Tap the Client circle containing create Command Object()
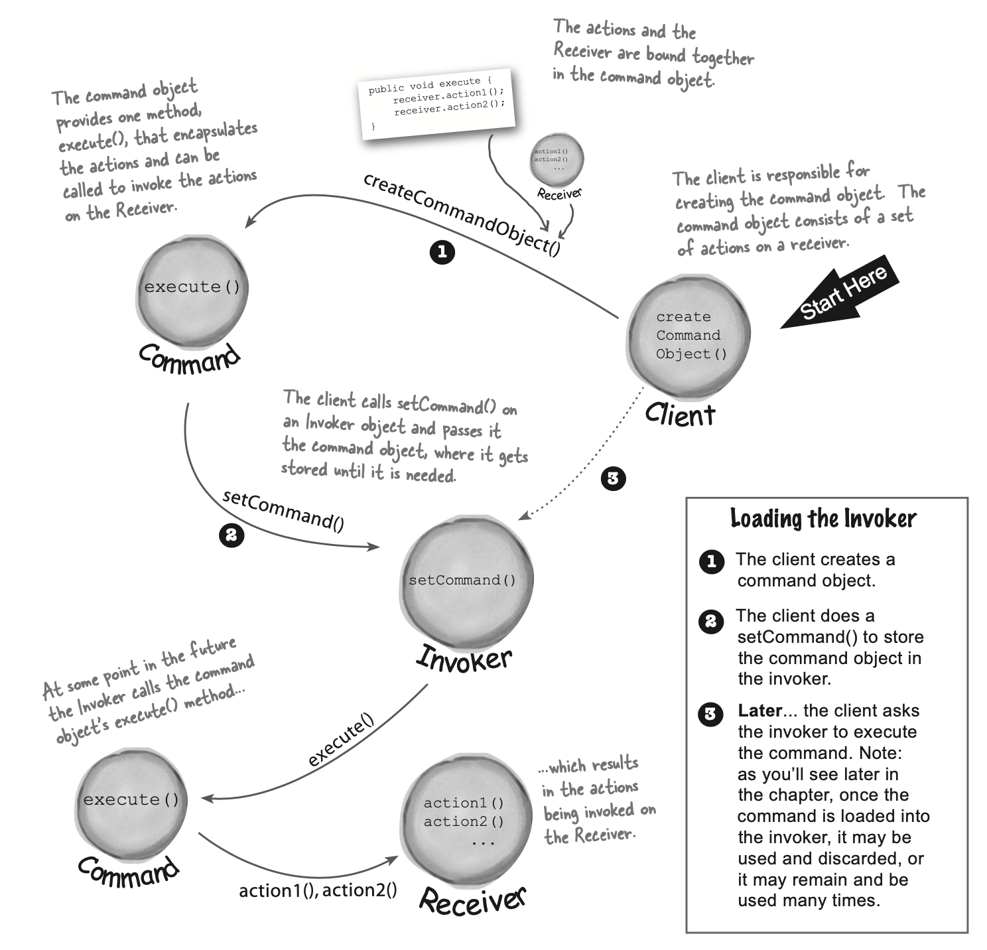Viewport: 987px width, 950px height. [x=689, y=336]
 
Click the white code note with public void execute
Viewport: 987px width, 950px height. [x=437, y=103]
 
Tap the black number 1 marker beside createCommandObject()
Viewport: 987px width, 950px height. [x=442, y=252]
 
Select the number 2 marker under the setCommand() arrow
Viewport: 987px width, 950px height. [x=231, y=535]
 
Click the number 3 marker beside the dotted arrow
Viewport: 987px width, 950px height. [x=612, y=478]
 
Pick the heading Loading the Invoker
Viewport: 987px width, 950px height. [x=823, y=519]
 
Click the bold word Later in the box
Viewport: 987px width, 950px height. [x=759, y=711]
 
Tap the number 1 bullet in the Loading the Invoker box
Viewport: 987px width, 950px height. [x=711, y=562]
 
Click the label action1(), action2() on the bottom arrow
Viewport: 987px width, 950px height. [x=318, y=890]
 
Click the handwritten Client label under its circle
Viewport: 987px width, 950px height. [x=680, y=415]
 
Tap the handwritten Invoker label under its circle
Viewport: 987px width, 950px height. [x=464, y=659]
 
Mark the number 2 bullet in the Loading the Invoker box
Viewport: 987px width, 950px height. [x=711, y=622]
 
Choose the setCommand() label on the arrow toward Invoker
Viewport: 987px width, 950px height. [x=283, y=510]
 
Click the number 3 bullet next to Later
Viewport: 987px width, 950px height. [x=710, y=714]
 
